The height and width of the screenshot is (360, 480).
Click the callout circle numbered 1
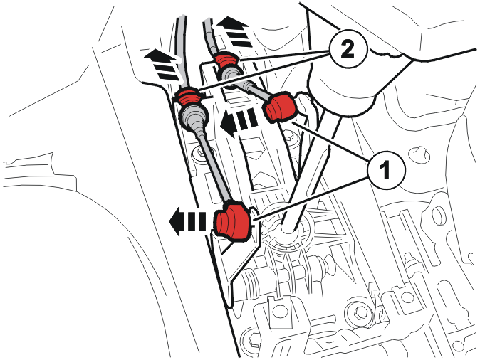click(x=386, y=170)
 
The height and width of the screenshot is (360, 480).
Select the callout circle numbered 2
click(x=348, y=49)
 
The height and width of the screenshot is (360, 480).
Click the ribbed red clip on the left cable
click(x=188, y=96)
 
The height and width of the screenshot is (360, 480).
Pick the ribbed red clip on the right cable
click(x=226, y=60)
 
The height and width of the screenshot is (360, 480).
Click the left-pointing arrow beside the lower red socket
click(x=187, y=221)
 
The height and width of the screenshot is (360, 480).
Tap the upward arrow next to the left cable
click(x=162, y=65)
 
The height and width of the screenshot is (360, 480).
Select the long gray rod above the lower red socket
click(x=213, y=166)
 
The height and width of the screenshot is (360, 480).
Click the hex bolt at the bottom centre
click(x=359, y=312)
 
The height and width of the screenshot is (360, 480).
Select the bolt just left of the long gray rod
click(x=199, y=151)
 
